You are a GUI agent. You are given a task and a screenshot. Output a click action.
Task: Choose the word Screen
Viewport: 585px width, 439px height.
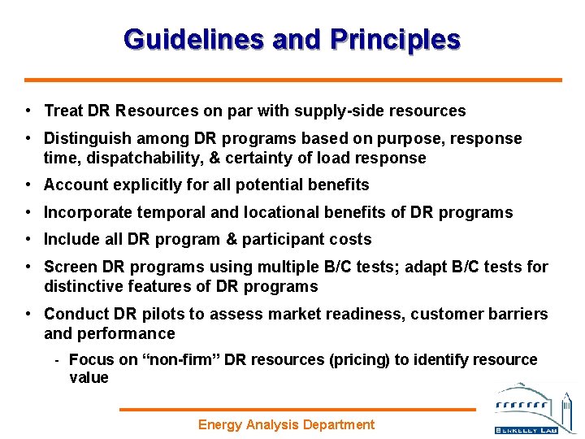(67, 267)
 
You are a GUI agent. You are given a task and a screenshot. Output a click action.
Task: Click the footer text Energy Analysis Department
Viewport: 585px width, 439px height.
(287, 424)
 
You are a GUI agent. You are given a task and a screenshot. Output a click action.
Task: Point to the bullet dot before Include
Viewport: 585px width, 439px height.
(28, 239)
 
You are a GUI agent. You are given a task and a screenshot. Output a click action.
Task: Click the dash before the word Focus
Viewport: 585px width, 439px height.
(57, 360)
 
